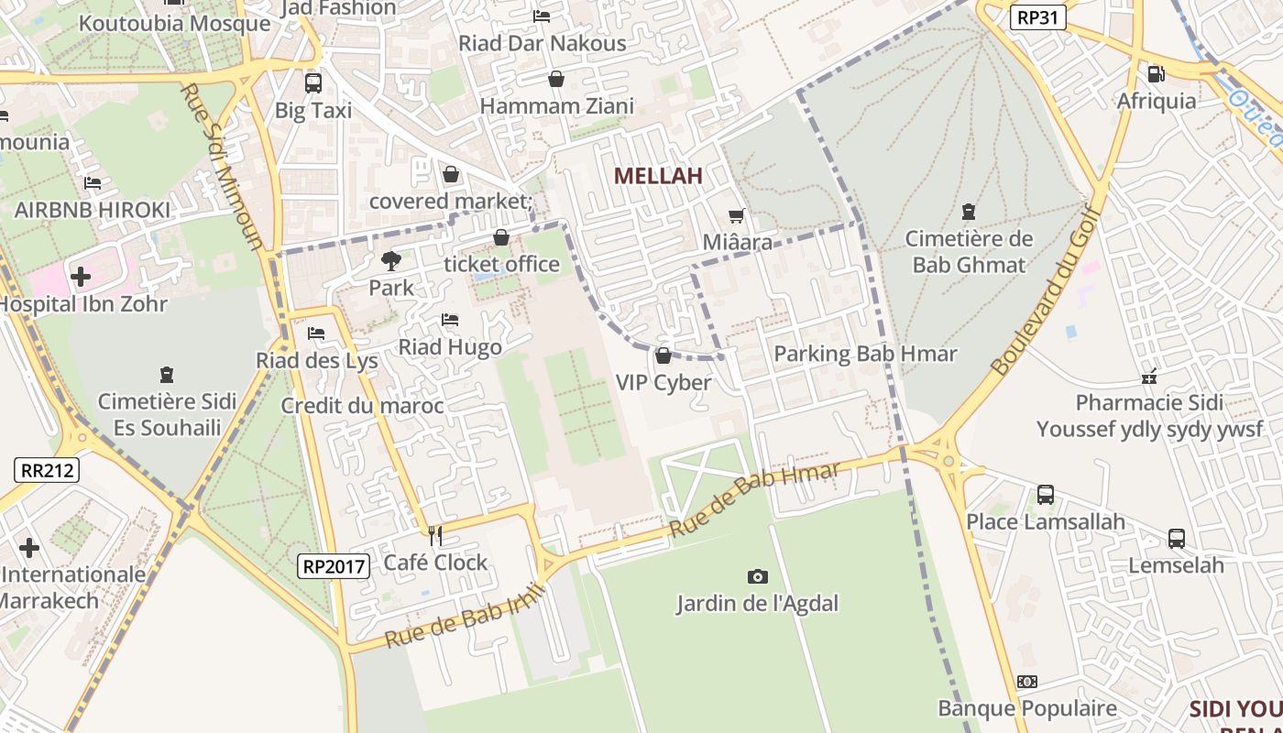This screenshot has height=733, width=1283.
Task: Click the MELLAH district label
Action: pos(658,176)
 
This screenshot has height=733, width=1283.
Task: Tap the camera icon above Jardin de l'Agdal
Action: pos(757,576)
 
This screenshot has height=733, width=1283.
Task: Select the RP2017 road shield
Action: pos(334,566)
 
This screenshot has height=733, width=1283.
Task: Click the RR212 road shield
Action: pos(48,470)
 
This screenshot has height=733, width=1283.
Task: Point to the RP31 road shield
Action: pos(1038,16)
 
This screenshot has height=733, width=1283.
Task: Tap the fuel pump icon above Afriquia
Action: pos(1157,73)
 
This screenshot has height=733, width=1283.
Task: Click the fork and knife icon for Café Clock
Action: pos(435,535)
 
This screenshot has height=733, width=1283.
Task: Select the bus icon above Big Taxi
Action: pos(313,82)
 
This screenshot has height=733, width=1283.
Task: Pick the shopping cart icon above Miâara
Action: pos(736,216)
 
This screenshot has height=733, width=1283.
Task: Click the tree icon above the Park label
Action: pos(391,261)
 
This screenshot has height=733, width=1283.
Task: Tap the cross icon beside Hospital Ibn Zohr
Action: pos(81,276)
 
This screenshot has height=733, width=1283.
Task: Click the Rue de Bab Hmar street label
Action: pos(754,499)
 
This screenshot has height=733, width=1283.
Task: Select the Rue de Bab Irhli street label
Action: pos(465,616)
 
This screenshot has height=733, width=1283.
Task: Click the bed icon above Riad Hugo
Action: pos(450,320)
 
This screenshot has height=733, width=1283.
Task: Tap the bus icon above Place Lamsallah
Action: pos(1046,495)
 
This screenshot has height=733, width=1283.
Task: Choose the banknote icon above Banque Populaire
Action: pos(1027,682)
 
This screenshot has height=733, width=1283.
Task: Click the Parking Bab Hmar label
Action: pos(865,354)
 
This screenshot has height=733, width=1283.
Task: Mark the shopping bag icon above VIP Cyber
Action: pos(663,356)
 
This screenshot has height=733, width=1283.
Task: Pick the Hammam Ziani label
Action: pos(557,106)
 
